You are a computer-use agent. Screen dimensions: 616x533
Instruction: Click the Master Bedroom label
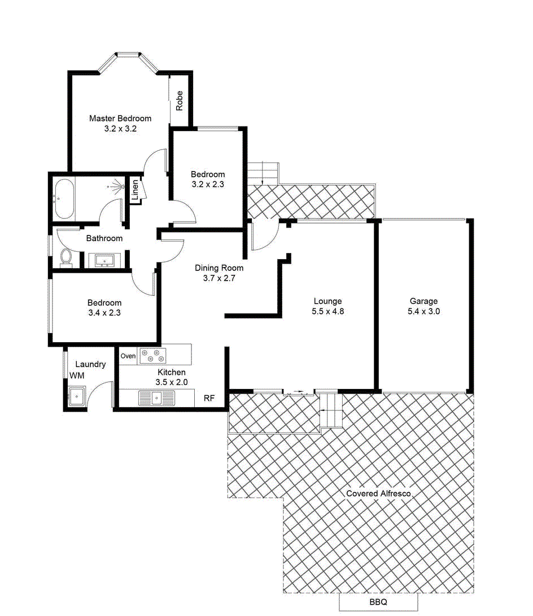click(x=120, y=119)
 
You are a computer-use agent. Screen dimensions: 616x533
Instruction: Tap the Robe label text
click(x=180, y=101)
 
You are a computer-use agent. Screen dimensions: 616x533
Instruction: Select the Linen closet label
click(x=136, y=190)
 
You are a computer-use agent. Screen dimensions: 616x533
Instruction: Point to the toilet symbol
click(x=66, y=257)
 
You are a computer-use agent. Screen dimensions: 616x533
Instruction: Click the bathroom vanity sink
click(x=105, y=260)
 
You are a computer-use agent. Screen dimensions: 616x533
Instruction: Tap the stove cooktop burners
click(x=153, y=356)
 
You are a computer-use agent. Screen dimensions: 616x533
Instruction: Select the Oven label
click(x=128, y=356)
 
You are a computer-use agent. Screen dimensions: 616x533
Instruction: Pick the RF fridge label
click(x=209, y=399)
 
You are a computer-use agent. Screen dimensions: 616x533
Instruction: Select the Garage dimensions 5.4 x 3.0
click(x=423, y=311)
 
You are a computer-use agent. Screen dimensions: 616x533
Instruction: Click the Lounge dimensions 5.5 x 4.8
click(x=328, y=311)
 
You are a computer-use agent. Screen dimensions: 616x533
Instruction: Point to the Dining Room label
click(x=219, y=268)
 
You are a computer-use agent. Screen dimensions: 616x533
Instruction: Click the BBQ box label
click(x=378, y=602)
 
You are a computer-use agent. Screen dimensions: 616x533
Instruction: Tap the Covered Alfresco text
click(x=378, y=493)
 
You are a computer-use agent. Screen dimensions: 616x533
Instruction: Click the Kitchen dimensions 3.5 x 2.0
click(x=172, y=382)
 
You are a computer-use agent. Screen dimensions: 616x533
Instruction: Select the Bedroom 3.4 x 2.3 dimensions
click(x=104, y=313)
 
